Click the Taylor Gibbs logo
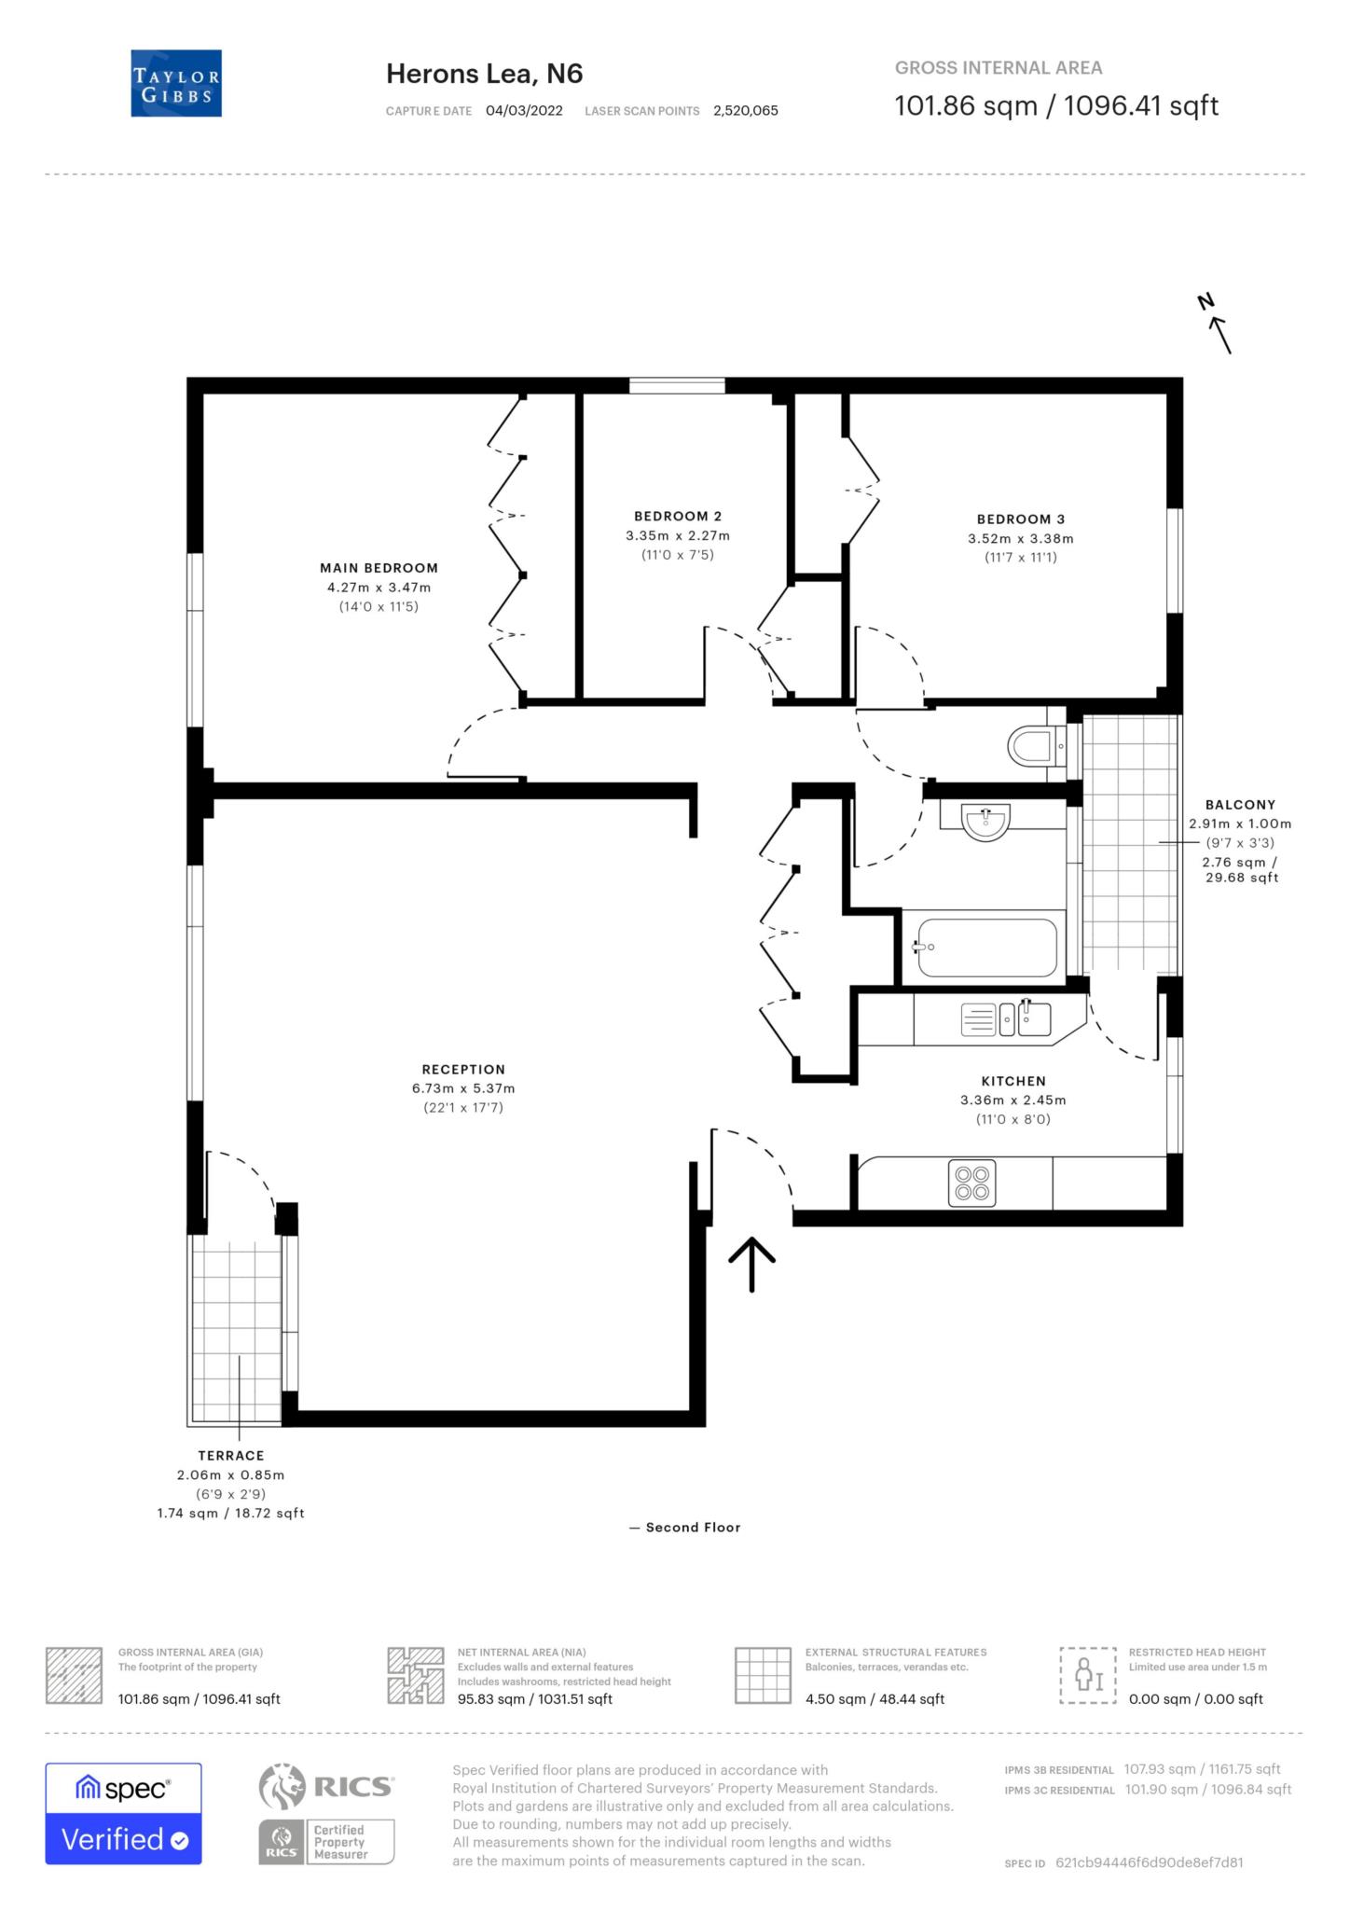[176, 83]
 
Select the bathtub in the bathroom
[986, 948]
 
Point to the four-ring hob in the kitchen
[972, 1183]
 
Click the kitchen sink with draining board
[1005, 1019]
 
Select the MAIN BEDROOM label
[379, 568]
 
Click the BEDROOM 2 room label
[678, 516]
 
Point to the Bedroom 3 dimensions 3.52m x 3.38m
[1020, 538]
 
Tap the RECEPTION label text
[463, 1069]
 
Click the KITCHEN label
[1013, 1081]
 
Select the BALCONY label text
[1240, 804]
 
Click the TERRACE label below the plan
[230, 1455]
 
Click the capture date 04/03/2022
[524, 110]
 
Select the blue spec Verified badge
[123, 1814]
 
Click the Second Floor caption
[692, 1527]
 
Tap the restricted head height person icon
[1087, 1675]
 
